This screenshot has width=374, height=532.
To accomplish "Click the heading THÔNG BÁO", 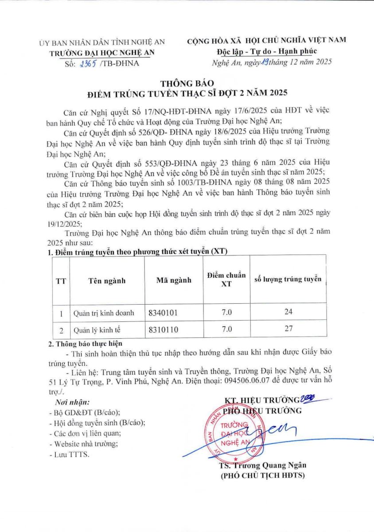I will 187,83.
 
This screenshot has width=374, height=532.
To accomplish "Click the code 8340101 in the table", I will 164,313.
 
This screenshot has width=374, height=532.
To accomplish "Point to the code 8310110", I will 164,329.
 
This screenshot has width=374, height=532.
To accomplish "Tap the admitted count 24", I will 288,312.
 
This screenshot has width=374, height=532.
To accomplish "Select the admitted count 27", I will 288,329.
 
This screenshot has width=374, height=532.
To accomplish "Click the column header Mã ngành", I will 174,280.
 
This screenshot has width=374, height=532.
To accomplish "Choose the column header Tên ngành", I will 107,281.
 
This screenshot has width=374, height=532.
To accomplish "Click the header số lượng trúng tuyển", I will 288,279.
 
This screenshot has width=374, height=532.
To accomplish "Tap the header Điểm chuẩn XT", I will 226,280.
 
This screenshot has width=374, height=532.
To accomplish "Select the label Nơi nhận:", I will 72,403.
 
